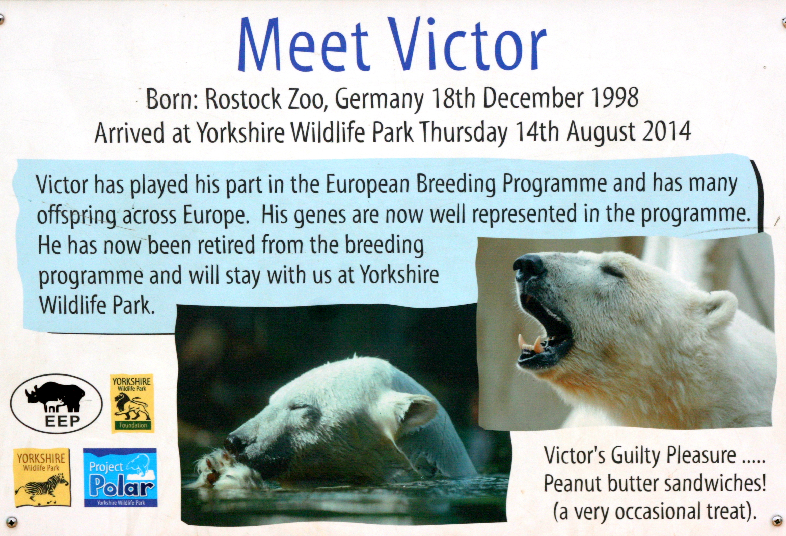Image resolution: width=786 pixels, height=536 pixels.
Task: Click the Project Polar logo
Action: (120, 477)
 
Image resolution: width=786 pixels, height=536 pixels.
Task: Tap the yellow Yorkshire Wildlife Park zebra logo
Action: (42, 477)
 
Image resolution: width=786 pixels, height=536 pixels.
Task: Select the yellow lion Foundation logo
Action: (132, 403)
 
